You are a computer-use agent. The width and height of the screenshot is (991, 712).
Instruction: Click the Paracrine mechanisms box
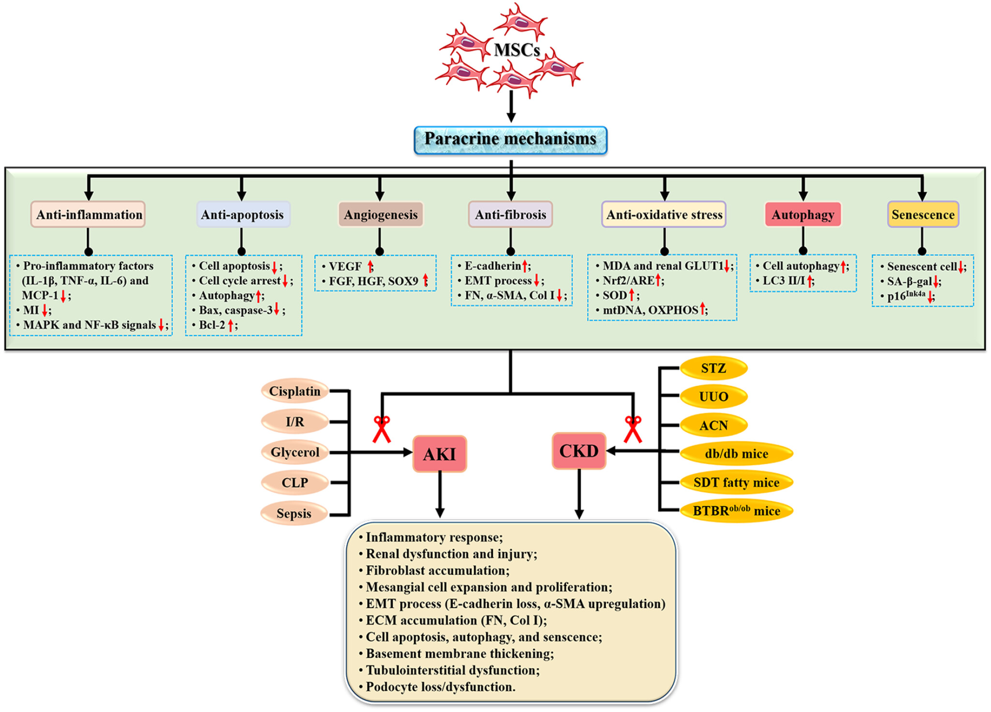(x=510, y=140)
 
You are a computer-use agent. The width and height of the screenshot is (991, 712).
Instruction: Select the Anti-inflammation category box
(x=88, y=214)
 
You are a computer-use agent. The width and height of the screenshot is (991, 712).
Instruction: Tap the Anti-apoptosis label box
(x=243, y=214)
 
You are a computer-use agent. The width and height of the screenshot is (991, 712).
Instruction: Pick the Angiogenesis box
(x=381, y=214)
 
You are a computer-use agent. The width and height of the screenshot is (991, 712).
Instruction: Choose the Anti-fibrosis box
(x=510, y=214)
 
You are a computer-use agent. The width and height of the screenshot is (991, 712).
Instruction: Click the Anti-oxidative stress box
(x=664, y=214)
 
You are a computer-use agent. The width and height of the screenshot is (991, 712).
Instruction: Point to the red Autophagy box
(x=803, y=214)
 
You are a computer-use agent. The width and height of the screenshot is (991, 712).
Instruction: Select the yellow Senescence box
(x=923, y=214)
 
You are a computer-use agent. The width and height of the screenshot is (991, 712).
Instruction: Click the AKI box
(x=440, y=454)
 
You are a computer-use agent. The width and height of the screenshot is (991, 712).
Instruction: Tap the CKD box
(x=579, y=451)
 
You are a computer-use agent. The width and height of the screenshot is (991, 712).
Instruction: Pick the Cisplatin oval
(x=295, y=391)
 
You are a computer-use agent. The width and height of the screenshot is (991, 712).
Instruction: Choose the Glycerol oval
(x=295, y=452)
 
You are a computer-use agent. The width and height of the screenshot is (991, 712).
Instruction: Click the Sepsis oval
(x=294, y=513)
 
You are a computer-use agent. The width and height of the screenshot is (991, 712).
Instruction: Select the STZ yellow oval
(x=713, y=368)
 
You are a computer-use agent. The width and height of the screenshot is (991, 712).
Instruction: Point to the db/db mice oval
(x=736, y=454)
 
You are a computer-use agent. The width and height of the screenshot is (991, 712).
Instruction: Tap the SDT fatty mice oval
(x=736, y=483)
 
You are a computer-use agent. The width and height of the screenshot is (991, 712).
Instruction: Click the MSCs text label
(x=517, y=50)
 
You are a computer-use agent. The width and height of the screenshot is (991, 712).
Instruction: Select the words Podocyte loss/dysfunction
(x=440, y=687)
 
